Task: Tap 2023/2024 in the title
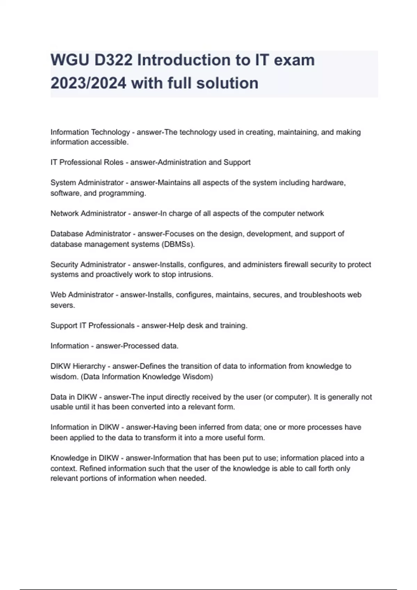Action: coord(88,83)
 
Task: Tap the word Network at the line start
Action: coord(65,213)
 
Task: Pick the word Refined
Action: coord(93,469)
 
